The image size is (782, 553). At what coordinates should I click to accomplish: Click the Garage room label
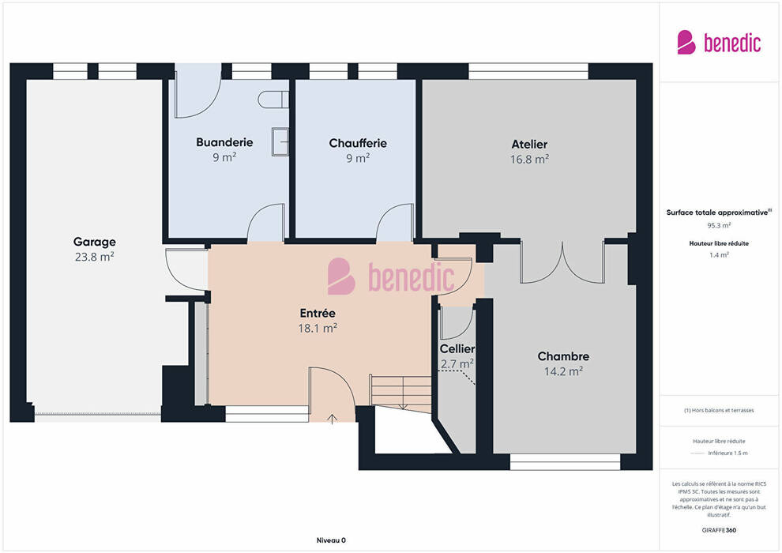(94, 242)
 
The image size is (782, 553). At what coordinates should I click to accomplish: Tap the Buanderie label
(224, 143)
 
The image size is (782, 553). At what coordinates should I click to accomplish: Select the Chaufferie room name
(358, 143)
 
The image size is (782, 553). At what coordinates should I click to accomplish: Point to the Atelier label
(529, 144)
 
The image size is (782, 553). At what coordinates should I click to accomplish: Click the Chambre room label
(563, 356)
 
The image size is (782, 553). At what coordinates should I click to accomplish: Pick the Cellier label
(457, 348)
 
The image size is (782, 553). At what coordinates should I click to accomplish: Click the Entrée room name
(318, 313)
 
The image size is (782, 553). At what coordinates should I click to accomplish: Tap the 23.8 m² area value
(94, 257)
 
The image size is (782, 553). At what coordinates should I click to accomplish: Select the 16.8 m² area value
(529, 159)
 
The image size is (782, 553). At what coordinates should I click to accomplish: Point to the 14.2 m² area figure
(563, 371)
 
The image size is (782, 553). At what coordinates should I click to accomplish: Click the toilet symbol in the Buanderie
(273, 100)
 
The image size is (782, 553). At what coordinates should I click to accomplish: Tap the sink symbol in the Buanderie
(280, 141)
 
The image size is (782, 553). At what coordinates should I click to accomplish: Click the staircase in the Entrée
(400, 393)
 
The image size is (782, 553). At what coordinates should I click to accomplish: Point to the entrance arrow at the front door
(332, 418)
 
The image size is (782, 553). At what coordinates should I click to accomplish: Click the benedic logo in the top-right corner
(719, 43)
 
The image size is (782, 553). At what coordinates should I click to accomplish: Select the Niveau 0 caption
(331, 540)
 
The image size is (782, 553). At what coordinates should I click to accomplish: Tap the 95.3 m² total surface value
(719, 225)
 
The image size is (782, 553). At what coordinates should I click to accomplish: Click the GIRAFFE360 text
(719, 530)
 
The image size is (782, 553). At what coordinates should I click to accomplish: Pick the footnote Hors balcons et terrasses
(719, 410)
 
